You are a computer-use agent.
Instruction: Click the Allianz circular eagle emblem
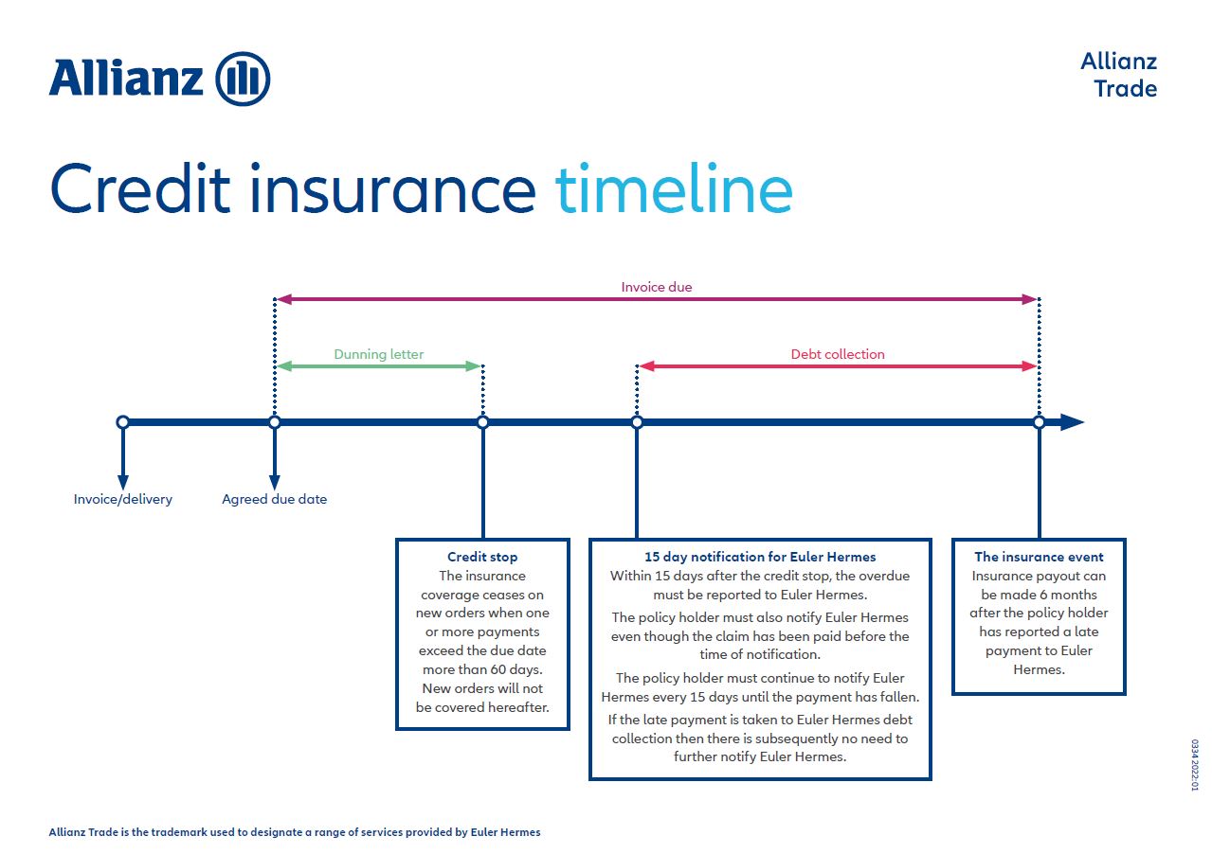(x=243, y=79)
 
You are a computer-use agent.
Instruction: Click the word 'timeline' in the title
(x=674, y=188)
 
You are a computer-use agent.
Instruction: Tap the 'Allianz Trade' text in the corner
(x=1119, y=75)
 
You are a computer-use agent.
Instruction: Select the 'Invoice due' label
(x=657, y=287)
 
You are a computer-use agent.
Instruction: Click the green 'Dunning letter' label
(x=379, y=354)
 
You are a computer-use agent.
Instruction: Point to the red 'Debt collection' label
(x=838, y=354)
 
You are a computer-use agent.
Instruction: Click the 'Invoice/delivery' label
(x=123, y=499)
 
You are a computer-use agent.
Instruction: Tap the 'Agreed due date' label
(x=274, y=499)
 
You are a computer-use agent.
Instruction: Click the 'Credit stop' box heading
(x=482, y=557)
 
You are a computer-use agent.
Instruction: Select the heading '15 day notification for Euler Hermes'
(x=760, y=557)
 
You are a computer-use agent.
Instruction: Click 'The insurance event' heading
(x=1039, y=557)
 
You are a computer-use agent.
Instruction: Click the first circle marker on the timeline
(x=123, y=422)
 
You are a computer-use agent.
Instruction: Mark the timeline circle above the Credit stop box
(x=482, y=422)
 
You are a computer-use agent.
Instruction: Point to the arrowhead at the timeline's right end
(x=1072, y=422)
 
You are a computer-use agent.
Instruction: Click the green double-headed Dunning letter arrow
(x=379, y=366)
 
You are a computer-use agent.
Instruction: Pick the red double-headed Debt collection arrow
(x=838, y=366)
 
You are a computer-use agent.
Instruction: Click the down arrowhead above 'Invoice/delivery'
(x=123, y=483)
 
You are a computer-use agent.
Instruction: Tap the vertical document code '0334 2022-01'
(x=1194, y=765)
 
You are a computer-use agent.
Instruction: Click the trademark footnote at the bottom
(x=295, y=832)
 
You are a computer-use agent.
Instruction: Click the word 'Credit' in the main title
(x=140, y=188)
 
